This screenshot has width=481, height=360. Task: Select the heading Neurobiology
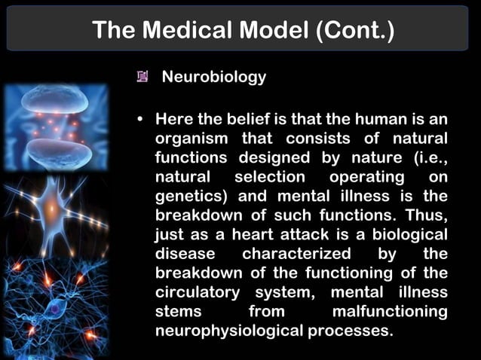pyautogui.click(x=214, y=77)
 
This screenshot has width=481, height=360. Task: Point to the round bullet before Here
pyautogui.click(x=140, y=120)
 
